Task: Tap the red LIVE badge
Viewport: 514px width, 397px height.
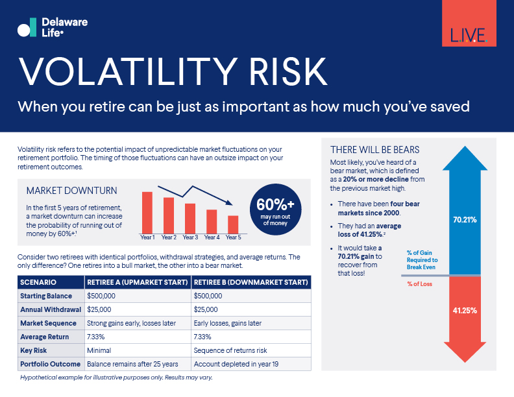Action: coord(469,23)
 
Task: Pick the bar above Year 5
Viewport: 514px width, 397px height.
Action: coord(233,224)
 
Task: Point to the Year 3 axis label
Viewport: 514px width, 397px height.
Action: coord(190,237)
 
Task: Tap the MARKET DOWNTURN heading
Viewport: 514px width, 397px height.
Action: coord(71,191)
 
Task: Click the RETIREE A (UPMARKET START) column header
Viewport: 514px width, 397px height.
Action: coord(138,283)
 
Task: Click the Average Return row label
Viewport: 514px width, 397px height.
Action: coord(43,337)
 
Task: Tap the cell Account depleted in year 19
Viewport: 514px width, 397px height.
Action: coord(236,364)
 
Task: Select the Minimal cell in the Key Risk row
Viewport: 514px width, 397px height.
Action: coord(99,350)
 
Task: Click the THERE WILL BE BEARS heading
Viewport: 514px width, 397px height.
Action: coord(375,150)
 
